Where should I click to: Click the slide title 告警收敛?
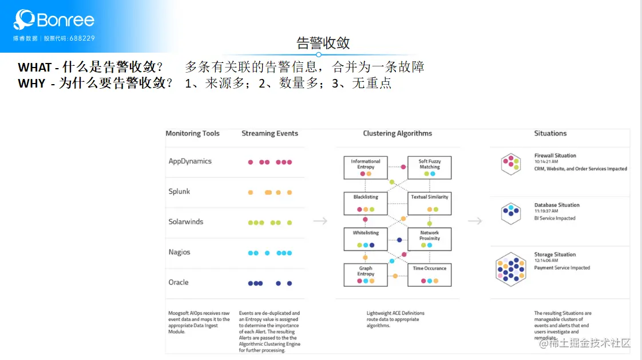pos(323,43)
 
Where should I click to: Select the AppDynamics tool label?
pos(190,161)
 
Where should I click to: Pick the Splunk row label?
pos(179,191)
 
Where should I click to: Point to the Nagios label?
pos(179,252)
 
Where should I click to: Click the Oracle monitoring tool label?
pos(178,282)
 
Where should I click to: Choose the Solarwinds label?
pos(185,221)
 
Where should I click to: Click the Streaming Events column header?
pos(270,133)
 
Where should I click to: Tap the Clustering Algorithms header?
pos(397,133)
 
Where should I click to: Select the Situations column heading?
pos(550,133)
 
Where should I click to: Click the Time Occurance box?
pos(430,274)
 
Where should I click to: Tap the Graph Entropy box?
pos(366,274)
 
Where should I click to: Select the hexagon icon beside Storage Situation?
pos(510,269)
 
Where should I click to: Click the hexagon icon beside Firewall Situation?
pos(510,164)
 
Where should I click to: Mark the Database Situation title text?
pos(557,205)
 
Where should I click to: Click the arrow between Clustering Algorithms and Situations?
pos(474,221)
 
